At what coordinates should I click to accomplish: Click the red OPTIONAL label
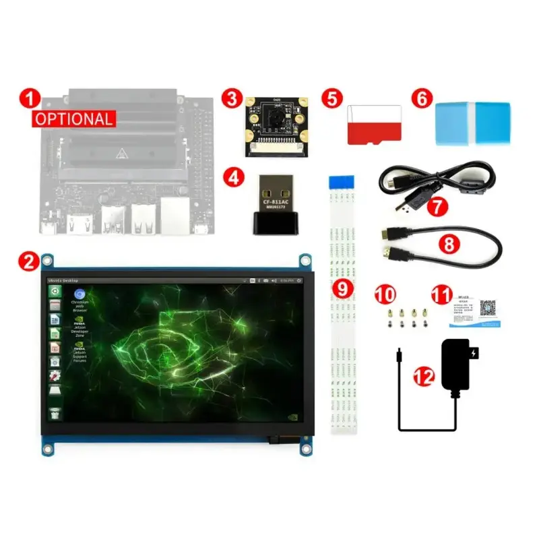click(x=74, y=119)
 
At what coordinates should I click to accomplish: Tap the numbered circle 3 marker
click(x=232, y=98)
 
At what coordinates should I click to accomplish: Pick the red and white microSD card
click(x=374, y=124)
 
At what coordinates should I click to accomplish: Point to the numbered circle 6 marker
click(x=422, y=98)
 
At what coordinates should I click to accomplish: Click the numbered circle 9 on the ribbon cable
click(x=343, y=288)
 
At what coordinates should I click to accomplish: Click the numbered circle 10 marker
click(x=385, y=294)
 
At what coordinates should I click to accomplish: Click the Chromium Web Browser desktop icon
click(x=80, y=295)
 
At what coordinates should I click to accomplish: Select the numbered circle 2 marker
click(x=28, y=260)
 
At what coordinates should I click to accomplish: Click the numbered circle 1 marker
click(x=28, y=98)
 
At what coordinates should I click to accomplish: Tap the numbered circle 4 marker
click(x=232, y=178)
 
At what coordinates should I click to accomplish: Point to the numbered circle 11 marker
click(x=442, y=294)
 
